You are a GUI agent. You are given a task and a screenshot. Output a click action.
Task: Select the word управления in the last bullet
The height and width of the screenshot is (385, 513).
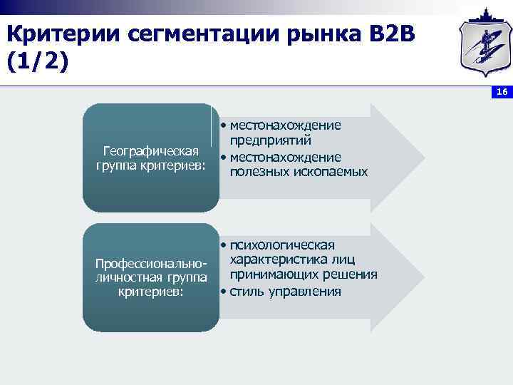coord(302,292)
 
